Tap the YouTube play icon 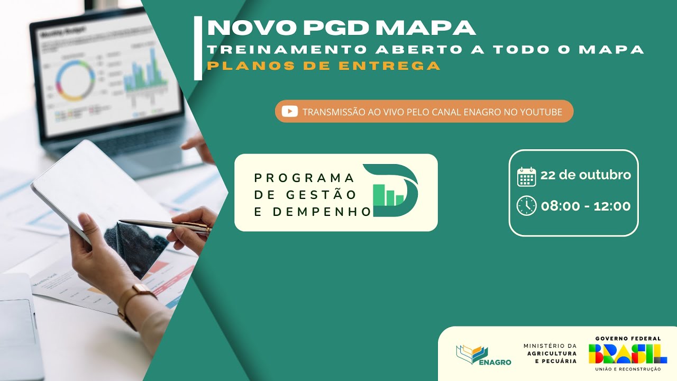(x=289, y=111)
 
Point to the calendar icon (x=526, y=176)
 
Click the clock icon (x=526, y=206)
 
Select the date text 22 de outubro (x=585, y=175)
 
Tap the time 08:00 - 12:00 (x=585, y=206)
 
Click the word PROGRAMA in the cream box (x=304, y=177)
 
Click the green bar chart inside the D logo (x=388, y=195)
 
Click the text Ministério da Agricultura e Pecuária (x=550, y=353)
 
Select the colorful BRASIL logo (x=627, y=353)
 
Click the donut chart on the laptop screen (x=75, y=81)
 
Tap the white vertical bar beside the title (x=198, y=48)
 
